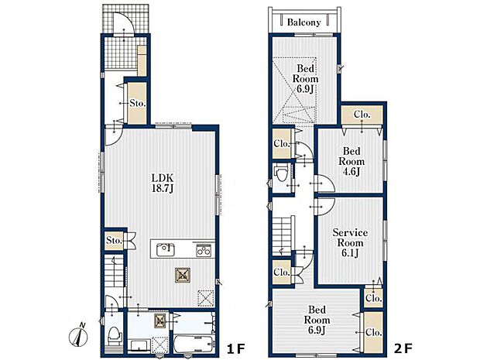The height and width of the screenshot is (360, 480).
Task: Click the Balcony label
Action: [x=303, y=22]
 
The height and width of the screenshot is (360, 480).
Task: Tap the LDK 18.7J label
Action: [x=163, y=183]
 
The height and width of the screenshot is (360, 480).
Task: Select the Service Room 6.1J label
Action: [x=350, y=243]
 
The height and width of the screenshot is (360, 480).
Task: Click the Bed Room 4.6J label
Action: [x=351, y=161]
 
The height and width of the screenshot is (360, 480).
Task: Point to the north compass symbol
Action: [x=79, y=336]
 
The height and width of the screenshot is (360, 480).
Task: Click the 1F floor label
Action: [x=236, y=348]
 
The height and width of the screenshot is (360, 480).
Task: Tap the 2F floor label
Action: [x=403, y=348]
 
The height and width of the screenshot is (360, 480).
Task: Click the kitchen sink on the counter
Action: [x=166, y=249]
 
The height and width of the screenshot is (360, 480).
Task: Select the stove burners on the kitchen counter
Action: [x=204, y=250]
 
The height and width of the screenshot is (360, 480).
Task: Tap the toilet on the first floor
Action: [x=115, y=335]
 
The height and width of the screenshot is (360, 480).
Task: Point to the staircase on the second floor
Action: [x=283, y=235]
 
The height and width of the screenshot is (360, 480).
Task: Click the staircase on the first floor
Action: [x=114, y=272]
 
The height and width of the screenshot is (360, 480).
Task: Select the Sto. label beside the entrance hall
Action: [x=137, y=104]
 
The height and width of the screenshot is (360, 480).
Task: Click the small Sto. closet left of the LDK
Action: [x=114, y=240]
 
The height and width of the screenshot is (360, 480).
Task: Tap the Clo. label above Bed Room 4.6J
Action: [x=362, y=115]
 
